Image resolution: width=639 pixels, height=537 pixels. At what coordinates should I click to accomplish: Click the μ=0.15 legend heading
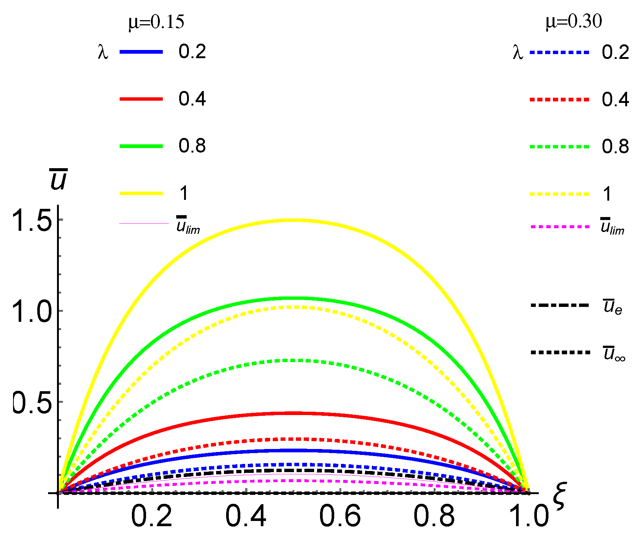pos(156,22)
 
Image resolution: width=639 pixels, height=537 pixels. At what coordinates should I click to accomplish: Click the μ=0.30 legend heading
pos(573,22)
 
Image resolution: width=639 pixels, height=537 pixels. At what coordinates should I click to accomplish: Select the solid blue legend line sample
pos(141,52)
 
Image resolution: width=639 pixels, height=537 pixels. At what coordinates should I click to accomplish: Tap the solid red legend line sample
pos(141,99)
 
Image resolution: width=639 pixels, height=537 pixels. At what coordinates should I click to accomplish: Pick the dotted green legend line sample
pos(559,147)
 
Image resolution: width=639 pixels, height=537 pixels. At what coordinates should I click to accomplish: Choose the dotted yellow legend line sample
pos(559,194)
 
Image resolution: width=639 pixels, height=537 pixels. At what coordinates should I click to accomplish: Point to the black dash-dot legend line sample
pos(559,305)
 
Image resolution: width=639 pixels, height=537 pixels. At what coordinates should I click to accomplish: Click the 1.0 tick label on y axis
pos(32,311)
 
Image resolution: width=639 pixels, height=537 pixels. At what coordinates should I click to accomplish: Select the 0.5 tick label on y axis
pos(32,402)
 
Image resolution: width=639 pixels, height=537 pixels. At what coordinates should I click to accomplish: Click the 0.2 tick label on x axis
pos(152,516)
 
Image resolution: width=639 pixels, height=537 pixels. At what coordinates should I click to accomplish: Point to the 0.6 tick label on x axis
pos(340,516)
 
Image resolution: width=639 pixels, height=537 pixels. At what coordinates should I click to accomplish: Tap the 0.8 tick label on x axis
pos(434,516)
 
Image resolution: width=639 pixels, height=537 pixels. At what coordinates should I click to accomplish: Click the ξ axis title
pos(559,496)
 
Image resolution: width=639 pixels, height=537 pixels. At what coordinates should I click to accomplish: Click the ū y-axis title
pos(58,179)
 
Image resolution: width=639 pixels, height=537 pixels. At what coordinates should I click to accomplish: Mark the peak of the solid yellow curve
pos(294,220)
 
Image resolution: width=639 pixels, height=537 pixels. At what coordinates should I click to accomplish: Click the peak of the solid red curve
pos(294,413)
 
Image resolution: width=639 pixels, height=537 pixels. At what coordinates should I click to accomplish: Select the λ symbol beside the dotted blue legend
pos(518,53)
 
